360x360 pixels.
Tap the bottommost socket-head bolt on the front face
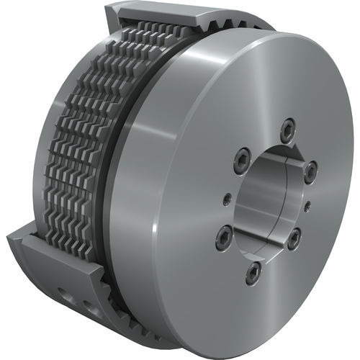(x=253, y=272)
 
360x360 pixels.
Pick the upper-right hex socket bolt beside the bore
(x=310, y=171)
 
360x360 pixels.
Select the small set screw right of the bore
(x=307, y=206)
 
